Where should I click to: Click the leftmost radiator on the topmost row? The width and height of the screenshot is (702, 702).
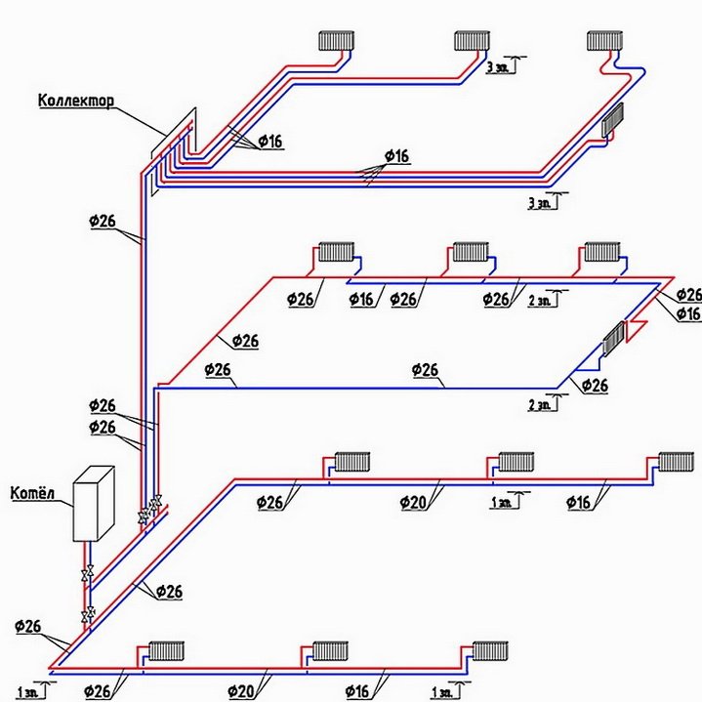[336, 40]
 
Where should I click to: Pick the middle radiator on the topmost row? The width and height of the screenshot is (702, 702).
[471, 40]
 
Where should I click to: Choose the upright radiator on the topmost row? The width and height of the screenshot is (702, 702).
[603, 40]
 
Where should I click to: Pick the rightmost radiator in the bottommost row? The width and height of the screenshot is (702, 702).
[488, 649]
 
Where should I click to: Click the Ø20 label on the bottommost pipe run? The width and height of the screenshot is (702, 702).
[242, 692]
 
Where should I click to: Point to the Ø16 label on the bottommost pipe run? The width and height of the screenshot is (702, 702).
[357, 692]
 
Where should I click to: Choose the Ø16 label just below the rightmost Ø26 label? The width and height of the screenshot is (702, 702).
[687, 313]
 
